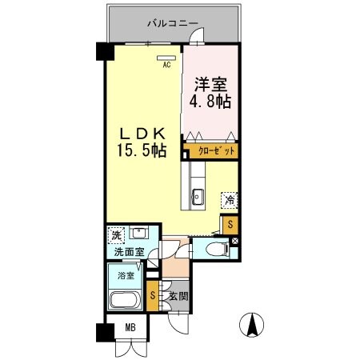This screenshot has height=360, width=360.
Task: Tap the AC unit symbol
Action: [x=167, y=58]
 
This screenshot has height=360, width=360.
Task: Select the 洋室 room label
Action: [x=210, y=82]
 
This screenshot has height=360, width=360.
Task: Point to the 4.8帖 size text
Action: [x=210, y=102]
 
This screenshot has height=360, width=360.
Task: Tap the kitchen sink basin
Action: [x=198, y=198]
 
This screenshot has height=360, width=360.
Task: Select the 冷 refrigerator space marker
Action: [x=230, y=201]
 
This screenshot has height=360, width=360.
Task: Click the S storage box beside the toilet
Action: [x=230, y=224]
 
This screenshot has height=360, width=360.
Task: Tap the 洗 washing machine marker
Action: [x=117, y=237]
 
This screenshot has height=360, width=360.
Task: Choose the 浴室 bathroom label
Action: [x=127, y=275]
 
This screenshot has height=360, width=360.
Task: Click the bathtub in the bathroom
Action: [x=127, y=302]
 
